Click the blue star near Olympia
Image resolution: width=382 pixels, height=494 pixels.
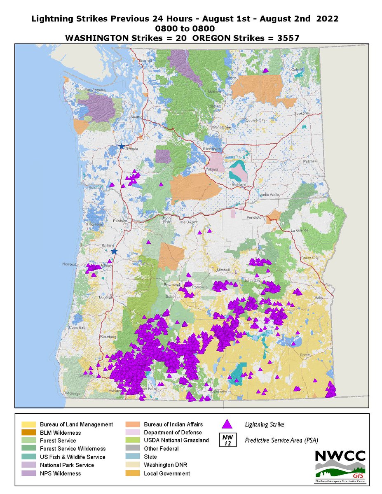[x=121, y=146]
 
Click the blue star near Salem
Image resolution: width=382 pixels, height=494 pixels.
[x=114, y=251]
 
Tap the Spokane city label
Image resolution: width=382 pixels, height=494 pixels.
[x=298, y=113]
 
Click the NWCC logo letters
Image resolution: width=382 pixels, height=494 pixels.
[x=340, y=456]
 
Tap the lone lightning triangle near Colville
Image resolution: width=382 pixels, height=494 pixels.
[x=267, y=70]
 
